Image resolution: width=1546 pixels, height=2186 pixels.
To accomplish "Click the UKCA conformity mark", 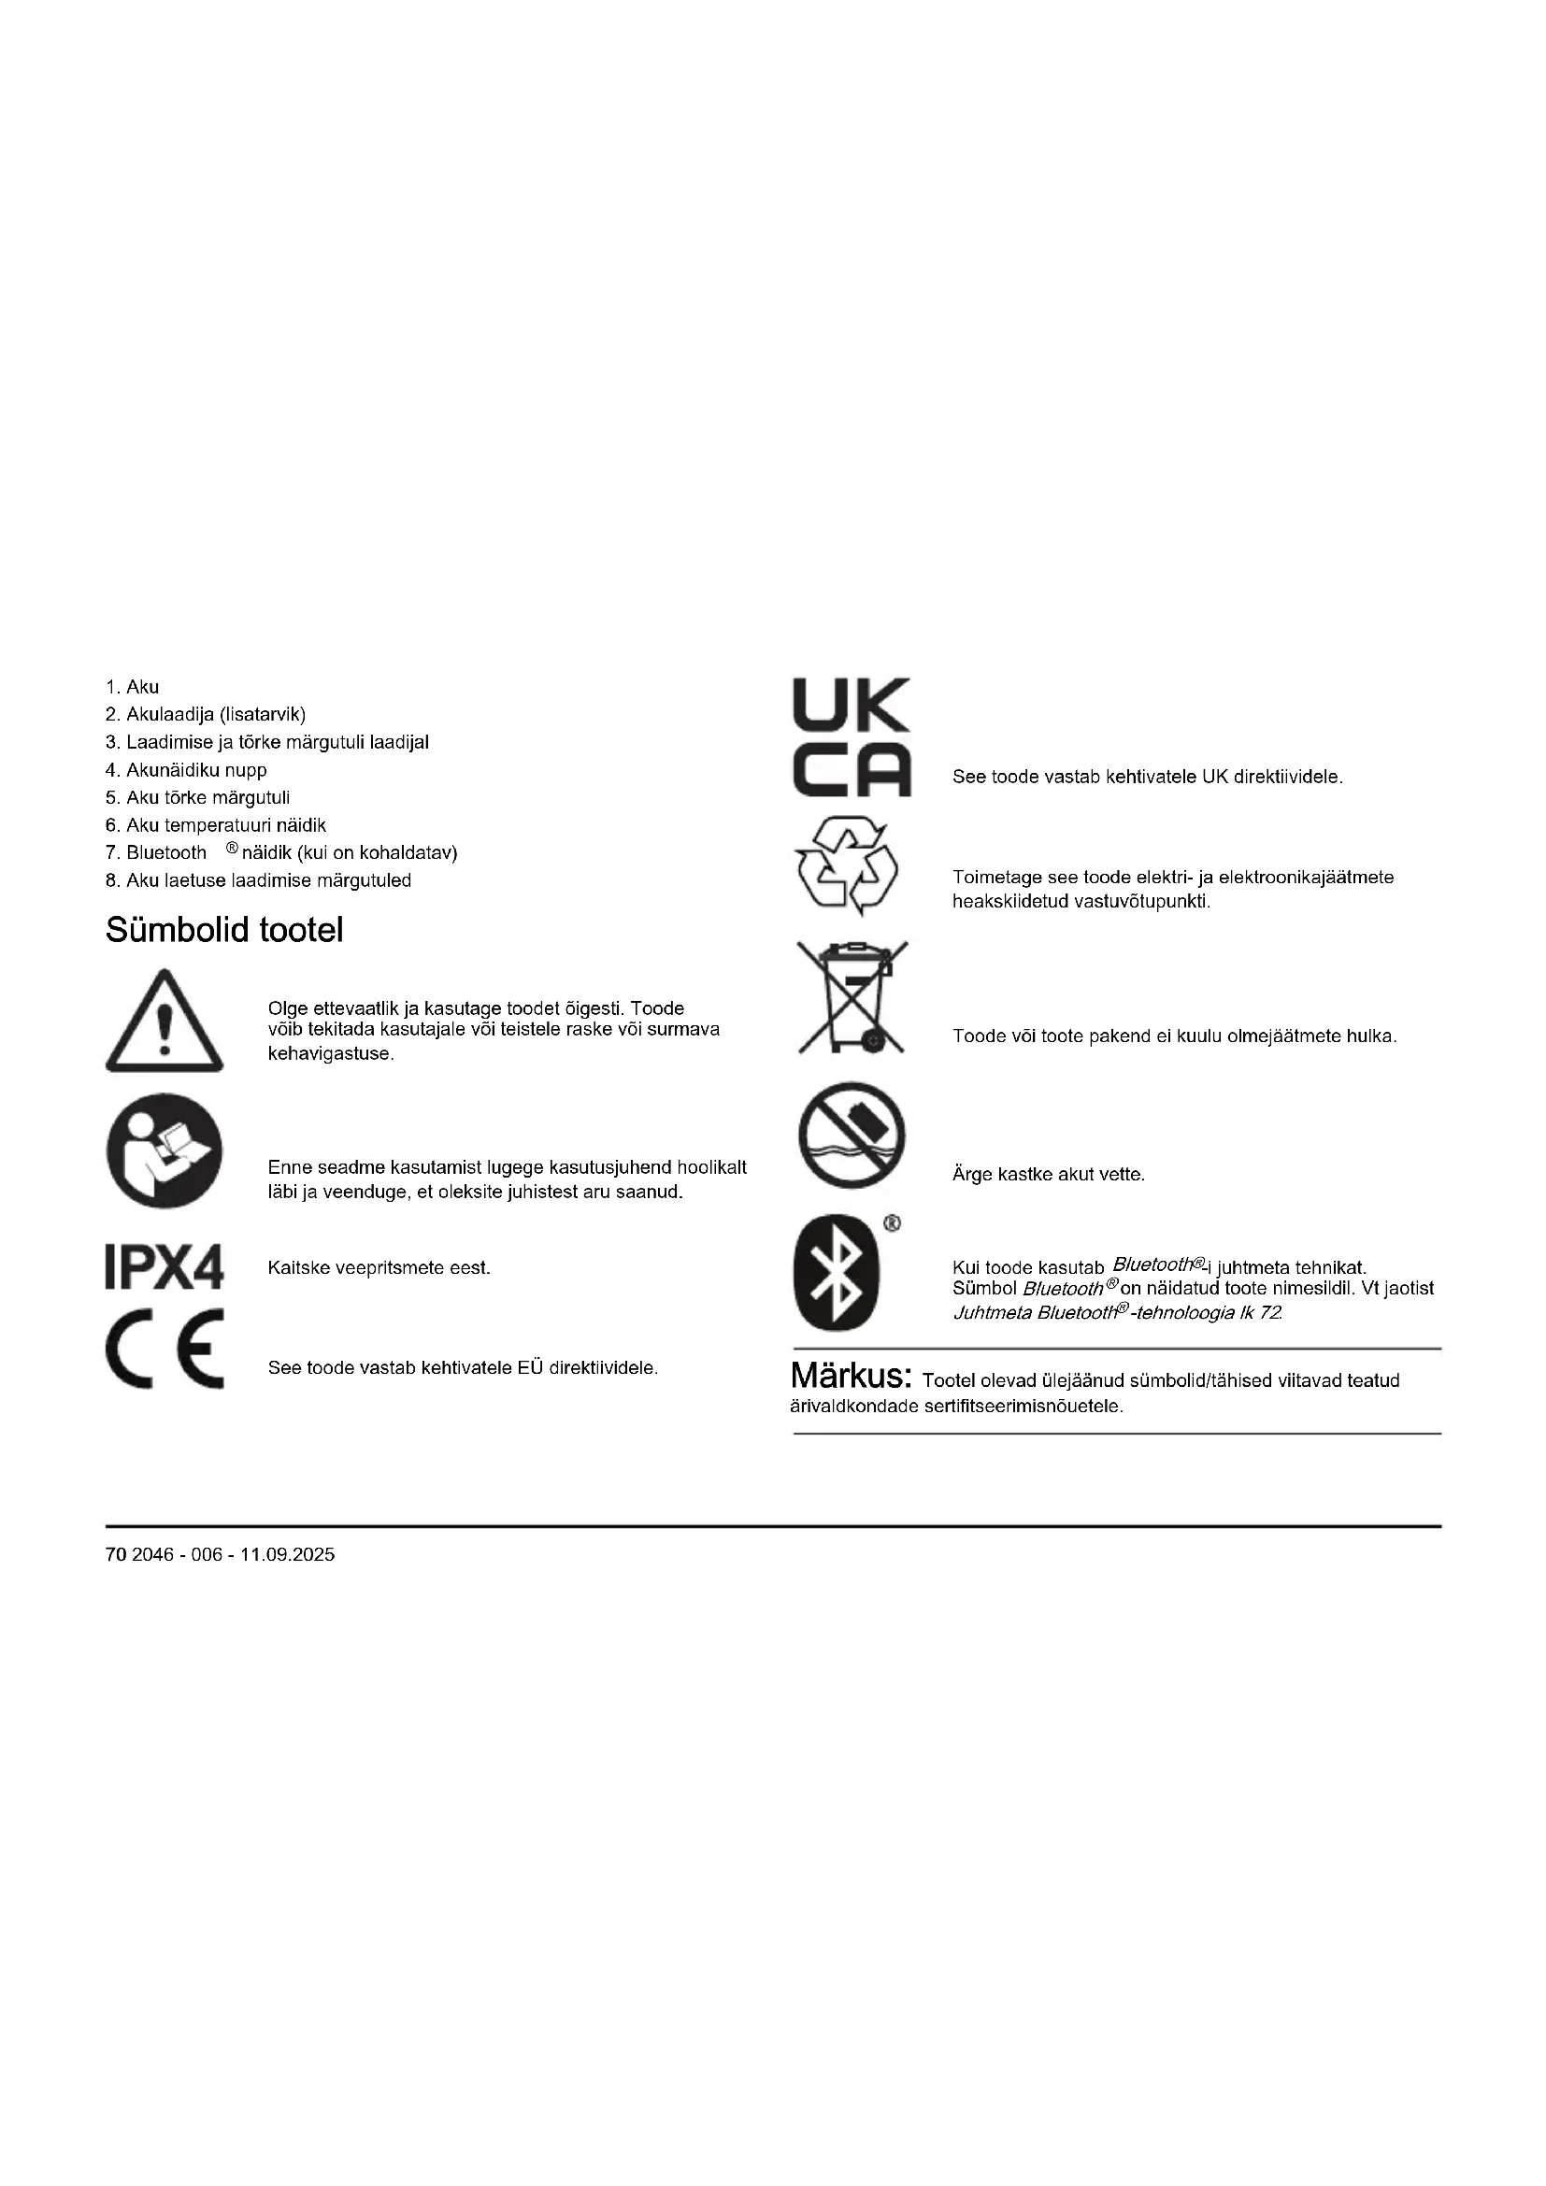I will coord(852,736).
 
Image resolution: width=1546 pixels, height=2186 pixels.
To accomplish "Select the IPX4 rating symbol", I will coord(165,1267).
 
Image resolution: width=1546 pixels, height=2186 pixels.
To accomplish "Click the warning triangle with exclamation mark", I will coord(165,1022).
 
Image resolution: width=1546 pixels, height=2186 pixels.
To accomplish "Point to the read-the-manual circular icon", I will coord(165,1151).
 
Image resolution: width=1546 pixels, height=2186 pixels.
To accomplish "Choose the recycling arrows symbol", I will coord(847,864).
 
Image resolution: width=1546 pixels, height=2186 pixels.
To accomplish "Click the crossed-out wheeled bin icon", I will coord(852,998).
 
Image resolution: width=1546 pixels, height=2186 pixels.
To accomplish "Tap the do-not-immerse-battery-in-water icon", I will coord(852,1135).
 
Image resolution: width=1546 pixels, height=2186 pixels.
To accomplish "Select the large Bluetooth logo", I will coord(837,1273).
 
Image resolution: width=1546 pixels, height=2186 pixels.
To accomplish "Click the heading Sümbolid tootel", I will coord(224,930).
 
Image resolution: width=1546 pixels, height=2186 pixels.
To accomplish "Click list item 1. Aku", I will coord(133,687).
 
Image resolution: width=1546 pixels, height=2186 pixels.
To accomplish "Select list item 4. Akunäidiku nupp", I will coord(187,769).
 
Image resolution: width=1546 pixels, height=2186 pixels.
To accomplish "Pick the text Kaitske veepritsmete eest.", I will coord(379,1268).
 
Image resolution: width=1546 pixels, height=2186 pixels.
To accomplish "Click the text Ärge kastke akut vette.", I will coord(1048,1175).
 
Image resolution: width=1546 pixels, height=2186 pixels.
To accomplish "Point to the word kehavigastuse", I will coord(330,1054).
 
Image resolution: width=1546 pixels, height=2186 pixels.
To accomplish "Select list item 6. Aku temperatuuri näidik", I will coord(216,824).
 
